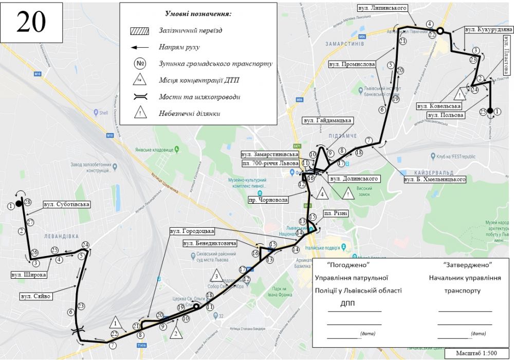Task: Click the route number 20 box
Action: (31, 21)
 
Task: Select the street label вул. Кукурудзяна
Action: (488, 30)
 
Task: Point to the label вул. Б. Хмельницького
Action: (435, 180)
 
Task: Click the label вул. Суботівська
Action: (70, 204)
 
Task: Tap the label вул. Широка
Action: (29, 275)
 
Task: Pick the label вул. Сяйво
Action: (35, 296)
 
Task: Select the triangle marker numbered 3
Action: (217, 276)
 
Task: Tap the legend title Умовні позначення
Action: (198, 14)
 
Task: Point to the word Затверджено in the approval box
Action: (467, 264)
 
